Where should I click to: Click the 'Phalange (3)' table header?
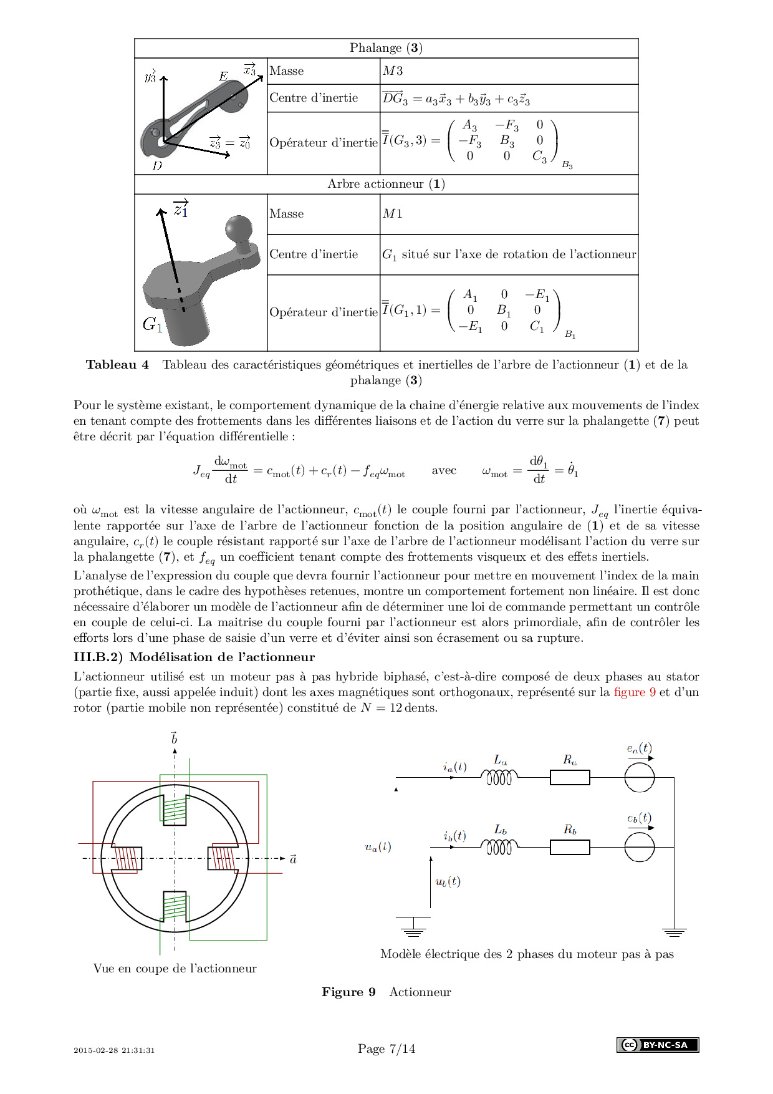(386, 48)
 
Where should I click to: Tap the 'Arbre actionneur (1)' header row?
(386, 184)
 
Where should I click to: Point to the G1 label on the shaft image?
(153, 324)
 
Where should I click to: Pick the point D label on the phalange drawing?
(157, 166)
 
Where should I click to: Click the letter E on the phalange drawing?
(223, 77)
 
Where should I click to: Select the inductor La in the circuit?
(499, 777)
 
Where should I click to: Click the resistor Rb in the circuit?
(570, 847)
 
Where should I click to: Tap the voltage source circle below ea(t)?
(640, 777)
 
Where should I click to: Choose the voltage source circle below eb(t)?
(640, 847)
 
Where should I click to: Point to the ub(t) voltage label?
(448, 881)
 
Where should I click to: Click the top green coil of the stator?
(175, 810)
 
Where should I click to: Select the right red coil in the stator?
(223, 858)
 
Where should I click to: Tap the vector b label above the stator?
(174, 739)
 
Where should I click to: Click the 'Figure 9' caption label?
(348, 992)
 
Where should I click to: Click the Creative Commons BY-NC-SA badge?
(658, 1045)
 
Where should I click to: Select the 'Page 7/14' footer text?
(386, 1048)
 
